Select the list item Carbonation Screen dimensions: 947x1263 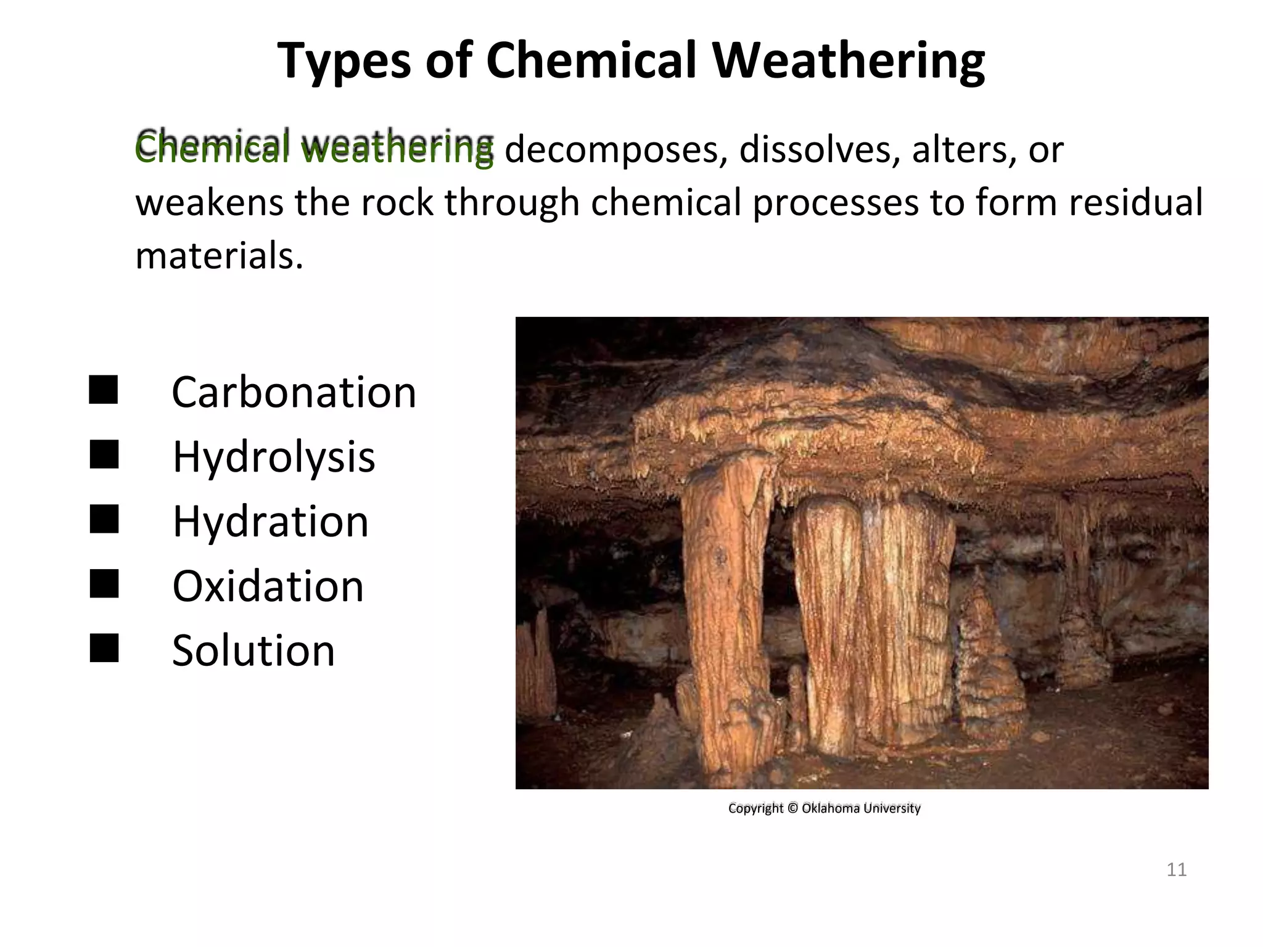point(294,392)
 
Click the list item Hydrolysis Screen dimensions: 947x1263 point(273,457)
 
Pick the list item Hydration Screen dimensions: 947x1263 point(270,522)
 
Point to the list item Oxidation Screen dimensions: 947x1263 point(268,586)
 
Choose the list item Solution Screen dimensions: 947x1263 point(253,650)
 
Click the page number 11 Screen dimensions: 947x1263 point(1177,870)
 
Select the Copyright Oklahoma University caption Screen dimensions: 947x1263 point(824,808)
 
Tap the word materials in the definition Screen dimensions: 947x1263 point(219,255)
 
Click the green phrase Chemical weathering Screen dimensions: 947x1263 point(315,148)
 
